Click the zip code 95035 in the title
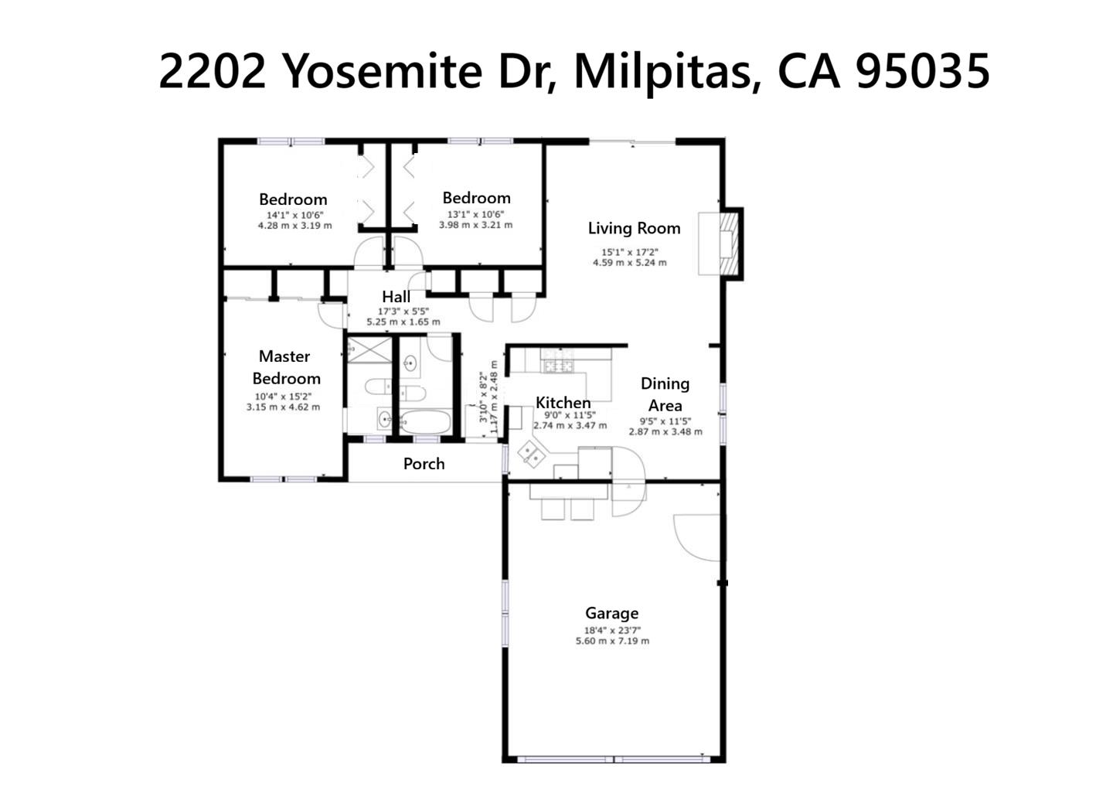point(922,71)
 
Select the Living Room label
point(634,228)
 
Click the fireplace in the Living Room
point(725,244)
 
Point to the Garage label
point(611,613)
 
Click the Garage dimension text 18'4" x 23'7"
point(612,630)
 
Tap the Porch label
point(424,464)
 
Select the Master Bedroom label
point(285,367)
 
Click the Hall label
point(396,297)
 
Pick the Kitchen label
point(563,403)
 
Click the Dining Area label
point(665,394)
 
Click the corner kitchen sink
point(530,454)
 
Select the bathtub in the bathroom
point(424,422)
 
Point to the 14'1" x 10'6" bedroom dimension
point(294,216)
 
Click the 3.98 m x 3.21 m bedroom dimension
point(475,225)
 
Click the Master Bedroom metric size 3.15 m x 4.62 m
point(283,407)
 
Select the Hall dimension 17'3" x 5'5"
point(403,312)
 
